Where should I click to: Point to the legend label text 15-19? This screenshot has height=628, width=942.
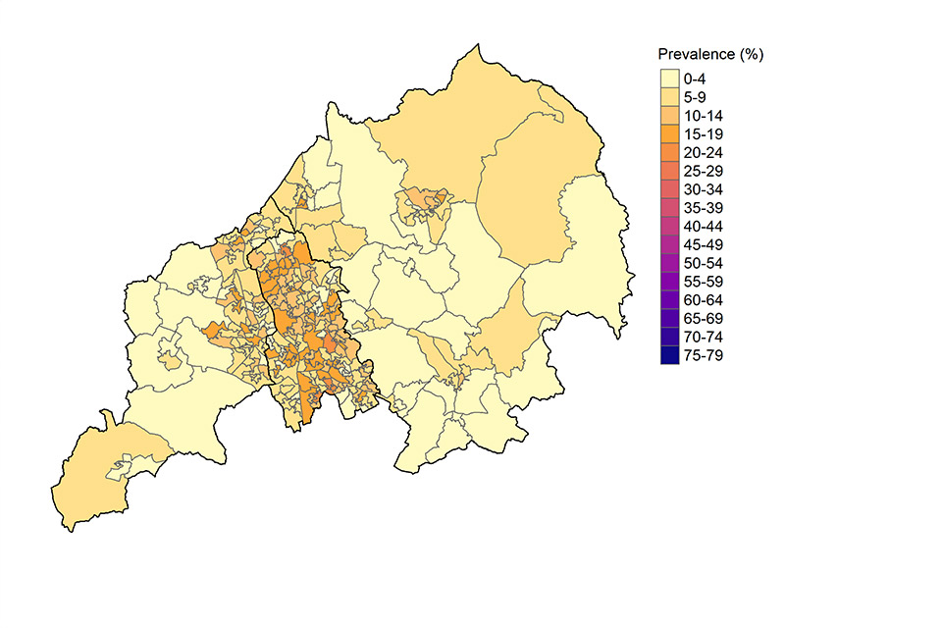pyautogui.click(x=704, y=133)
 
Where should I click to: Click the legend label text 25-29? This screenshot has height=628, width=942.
pyautogui.click(x=704, y=170)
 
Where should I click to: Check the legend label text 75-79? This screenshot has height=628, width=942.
pyautogui.click(x=704, y=355)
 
